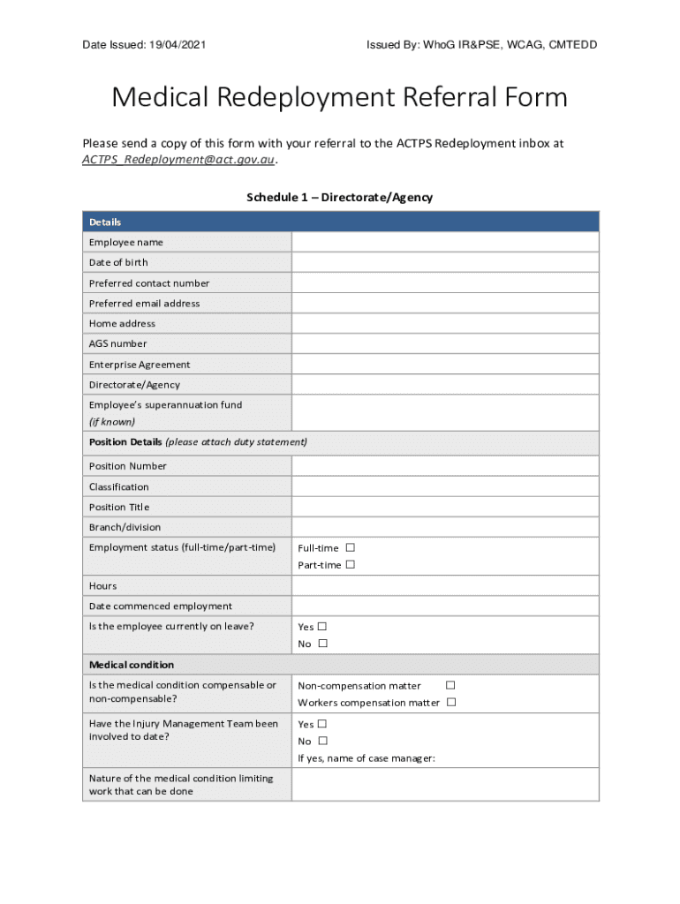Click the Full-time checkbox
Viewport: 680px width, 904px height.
coord(351,547)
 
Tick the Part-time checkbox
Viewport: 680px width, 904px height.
coord(351,564)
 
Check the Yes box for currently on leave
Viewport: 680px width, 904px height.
coord(322,627)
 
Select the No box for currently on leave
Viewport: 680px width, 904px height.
coord(322,644)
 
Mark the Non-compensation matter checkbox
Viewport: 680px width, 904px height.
coord(450,685)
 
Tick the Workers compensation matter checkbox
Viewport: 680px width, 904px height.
coord(451,702)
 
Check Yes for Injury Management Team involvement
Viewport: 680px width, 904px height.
coord(322,724)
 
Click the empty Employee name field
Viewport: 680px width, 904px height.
coord(444,242)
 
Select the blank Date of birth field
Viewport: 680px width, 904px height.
coord(444,262)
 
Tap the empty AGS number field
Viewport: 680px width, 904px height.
coord(444,343)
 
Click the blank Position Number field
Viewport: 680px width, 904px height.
coord(444,466)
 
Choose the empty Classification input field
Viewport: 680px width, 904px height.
coord(444,486)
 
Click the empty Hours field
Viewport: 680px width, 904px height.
coord(444,585)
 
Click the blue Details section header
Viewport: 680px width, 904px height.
coord(340,222)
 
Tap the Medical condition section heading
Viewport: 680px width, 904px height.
coord(132,665)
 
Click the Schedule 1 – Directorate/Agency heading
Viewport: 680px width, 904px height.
coord(339,198)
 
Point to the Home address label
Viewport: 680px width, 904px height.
coord(122,323)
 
